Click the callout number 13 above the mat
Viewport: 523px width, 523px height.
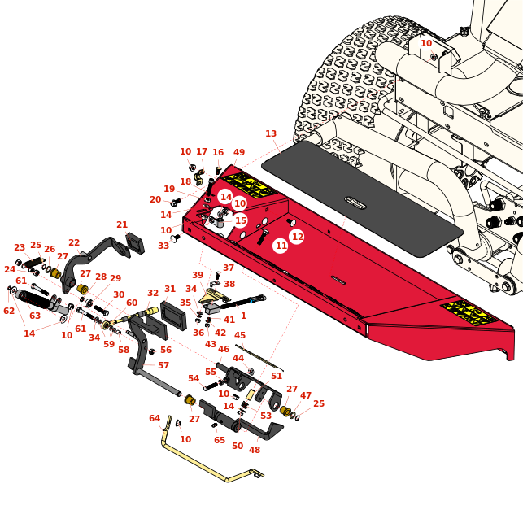tap(271, 134)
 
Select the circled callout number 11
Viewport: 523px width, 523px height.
tap(281, 246)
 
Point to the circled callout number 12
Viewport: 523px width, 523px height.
tap(297, 237)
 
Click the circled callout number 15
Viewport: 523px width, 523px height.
tap(240, 220)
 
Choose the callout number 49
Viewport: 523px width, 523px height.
tap(239, 153)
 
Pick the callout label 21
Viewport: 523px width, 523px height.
tap(122, 225)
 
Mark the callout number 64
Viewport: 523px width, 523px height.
tap(155, 419)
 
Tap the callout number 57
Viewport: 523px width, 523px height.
tap(163, 366)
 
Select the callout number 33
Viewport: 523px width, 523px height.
tap(163, 246)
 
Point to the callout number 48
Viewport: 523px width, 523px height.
tap(255, 450)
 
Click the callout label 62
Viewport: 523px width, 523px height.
tap(9, 312)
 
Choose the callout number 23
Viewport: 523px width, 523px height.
tap(20, 248)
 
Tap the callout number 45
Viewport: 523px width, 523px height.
tap(240, 335)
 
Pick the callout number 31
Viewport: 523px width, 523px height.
tap(170, 290)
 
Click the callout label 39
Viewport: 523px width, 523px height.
tap(198, 276)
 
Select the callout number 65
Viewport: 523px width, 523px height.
tap(220, 440)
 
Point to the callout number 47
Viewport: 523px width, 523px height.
tap(306, 395)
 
